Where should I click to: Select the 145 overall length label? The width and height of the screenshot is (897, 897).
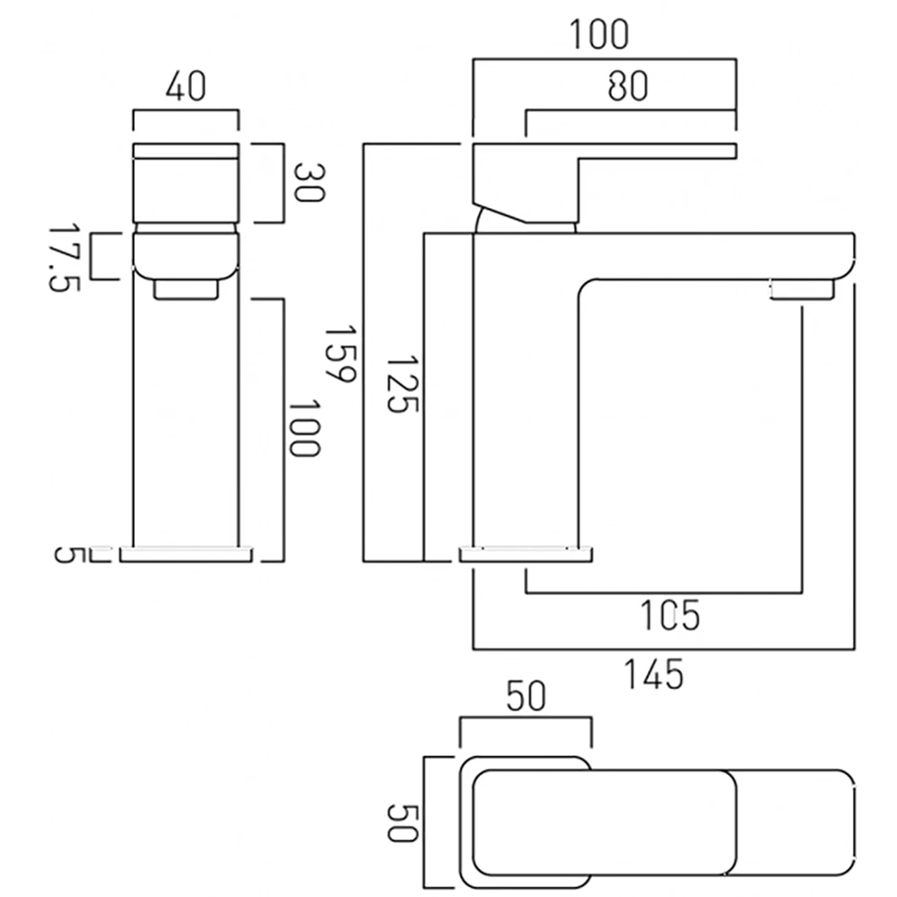(x=654, y=673)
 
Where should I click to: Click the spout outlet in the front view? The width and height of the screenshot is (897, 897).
(x=186, y=290)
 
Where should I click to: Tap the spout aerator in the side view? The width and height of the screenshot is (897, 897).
(x=801, y=289)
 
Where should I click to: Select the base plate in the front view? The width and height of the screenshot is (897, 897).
(x=186, y=553)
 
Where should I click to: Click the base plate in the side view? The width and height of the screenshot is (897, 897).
(x=526, y=553)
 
